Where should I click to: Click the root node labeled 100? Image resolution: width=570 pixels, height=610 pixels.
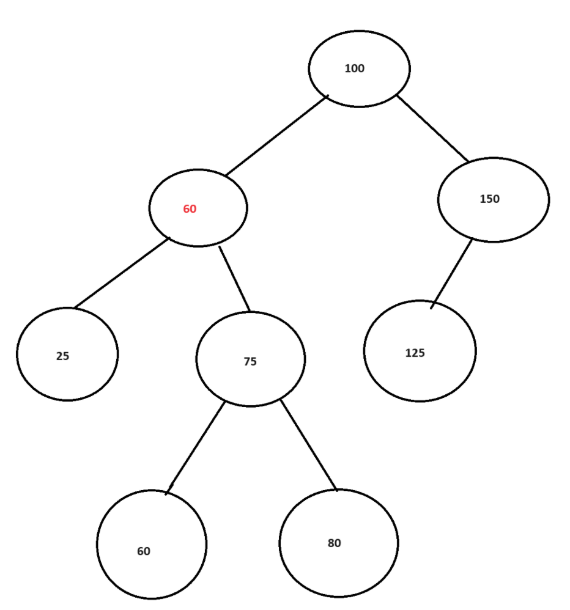coord(359,69)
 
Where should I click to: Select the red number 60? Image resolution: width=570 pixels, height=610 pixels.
coord(190,209)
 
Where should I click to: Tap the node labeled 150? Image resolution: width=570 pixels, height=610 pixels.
coord(493,200)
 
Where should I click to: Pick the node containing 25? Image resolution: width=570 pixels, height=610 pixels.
coord(67,355)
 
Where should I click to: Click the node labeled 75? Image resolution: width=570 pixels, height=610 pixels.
coord(250,359)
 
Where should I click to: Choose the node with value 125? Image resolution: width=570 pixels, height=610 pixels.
coord(420,351)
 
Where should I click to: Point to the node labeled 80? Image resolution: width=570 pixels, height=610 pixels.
coord(338,543)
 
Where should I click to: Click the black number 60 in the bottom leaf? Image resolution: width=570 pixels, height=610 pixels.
coord(144,551)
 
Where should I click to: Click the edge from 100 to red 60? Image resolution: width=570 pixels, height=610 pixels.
coord(276,136)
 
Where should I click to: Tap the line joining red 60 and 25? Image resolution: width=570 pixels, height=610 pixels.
coord(121,273)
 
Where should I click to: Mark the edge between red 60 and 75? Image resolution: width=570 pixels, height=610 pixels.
coord(235,279)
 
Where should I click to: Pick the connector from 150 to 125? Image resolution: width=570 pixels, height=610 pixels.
coord(451,273)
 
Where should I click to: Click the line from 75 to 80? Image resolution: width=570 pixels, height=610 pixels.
coord(308,444)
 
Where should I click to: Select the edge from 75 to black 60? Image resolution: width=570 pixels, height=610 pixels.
coord(195,447)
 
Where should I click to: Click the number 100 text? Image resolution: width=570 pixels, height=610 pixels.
coord(354,68)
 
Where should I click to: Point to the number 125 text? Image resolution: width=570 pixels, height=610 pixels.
coord(415,353)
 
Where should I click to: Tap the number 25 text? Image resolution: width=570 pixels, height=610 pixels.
coord(62,356)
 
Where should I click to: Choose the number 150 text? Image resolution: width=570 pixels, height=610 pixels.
coord(489,199)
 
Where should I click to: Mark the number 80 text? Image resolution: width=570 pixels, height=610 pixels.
coord(334,543)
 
